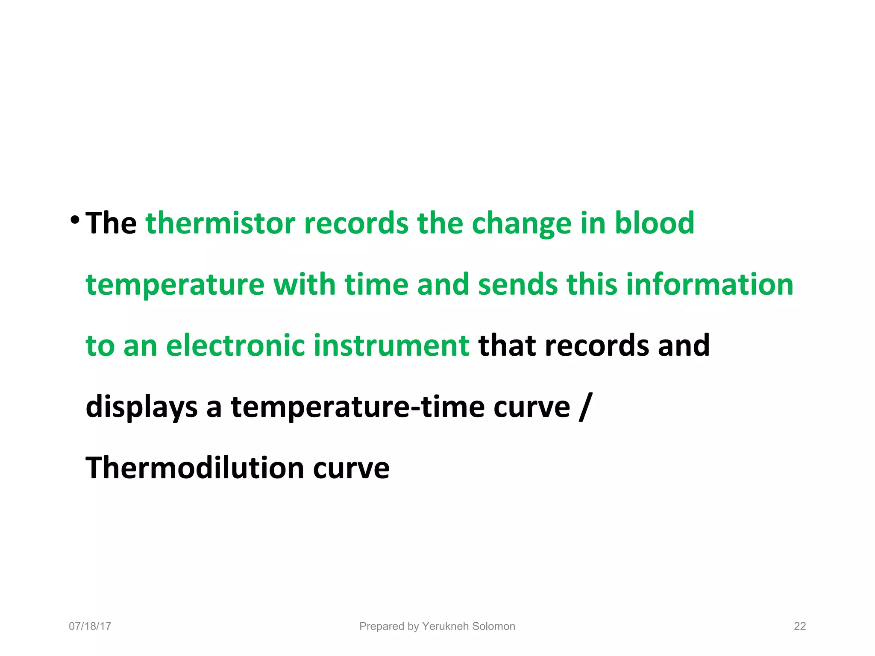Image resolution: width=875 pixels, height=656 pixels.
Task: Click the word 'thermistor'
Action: point(220,223)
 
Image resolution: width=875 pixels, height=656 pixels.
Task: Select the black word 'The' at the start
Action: point(111,223)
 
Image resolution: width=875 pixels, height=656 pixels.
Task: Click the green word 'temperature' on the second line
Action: point(175,285)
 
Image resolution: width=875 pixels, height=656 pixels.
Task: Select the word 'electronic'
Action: point(235,346)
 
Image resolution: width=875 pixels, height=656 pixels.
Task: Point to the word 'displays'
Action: point(141,407)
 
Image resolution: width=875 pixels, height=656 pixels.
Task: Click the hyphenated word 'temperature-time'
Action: point(358,407)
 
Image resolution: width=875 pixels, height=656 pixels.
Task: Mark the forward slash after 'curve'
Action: point(585,407)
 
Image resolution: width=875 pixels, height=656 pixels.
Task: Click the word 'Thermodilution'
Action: point(195,468)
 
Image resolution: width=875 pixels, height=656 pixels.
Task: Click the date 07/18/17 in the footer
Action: point(90,626)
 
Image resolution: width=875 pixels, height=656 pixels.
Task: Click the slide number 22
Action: point(799,626)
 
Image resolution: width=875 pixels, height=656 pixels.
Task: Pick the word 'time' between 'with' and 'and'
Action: point(376,284)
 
